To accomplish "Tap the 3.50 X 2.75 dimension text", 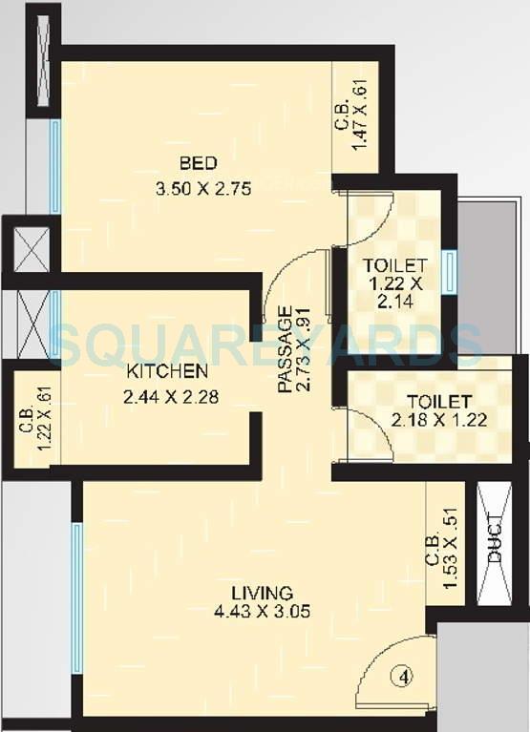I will click(x=202, y=189).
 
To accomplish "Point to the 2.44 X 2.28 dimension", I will click(x=171, y=395).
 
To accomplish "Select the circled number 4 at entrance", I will click(x=405, y=677).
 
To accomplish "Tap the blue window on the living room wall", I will click(x=76, y=596).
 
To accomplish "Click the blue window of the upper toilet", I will click(x=448, y=271).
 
